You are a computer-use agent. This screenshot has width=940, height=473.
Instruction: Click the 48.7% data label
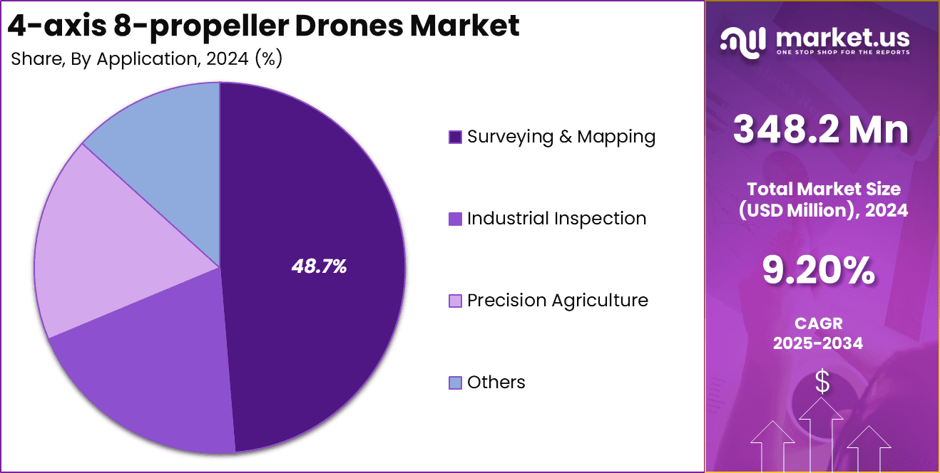(x=319, y=267)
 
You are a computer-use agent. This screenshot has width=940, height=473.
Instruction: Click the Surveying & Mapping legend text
(x=561, y=137)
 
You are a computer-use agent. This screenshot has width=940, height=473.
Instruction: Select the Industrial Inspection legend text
(x=556, y=219)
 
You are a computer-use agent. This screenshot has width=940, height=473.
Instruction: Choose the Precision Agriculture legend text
(x=558, y=301)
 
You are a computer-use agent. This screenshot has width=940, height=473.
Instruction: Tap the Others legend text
(x=496, y=383)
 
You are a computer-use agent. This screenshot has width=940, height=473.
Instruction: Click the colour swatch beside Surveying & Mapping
(x=455, y=137)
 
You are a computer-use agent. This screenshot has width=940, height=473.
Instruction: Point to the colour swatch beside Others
(x=455, y=383)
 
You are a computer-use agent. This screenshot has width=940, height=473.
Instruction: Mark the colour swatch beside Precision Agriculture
(x=455, y=301)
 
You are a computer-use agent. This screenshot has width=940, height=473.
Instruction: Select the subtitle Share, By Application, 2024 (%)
(x=147, y=58)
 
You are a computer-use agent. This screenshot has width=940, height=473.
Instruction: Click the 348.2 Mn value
(x=822, y=130)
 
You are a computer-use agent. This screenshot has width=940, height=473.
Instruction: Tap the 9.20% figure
(x=819, y=270)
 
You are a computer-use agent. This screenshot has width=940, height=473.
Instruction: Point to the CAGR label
(x=819, y=323)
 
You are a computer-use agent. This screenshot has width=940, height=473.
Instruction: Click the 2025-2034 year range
(x=819, y=343)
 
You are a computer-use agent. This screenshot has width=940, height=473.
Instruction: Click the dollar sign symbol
(x=822, y=383)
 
